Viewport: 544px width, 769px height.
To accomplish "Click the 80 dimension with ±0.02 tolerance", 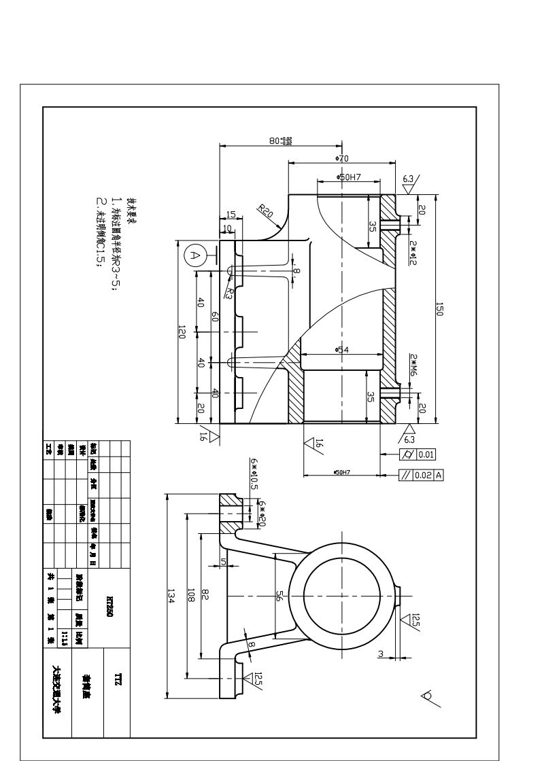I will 280,141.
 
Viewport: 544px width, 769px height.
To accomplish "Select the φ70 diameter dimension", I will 341,158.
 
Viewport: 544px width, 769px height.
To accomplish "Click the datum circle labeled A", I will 194,255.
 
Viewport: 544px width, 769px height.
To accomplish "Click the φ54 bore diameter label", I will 341,349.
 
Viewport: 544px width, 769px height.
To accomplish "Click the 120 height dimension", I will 182,332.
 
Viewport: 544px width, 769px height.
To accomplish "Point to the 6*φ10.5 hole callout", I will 254,473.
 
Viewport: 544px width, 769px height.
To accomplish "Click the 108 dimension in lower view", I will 191,595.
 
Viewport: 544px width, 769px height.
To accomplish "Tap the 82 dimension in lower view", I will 205,595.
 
